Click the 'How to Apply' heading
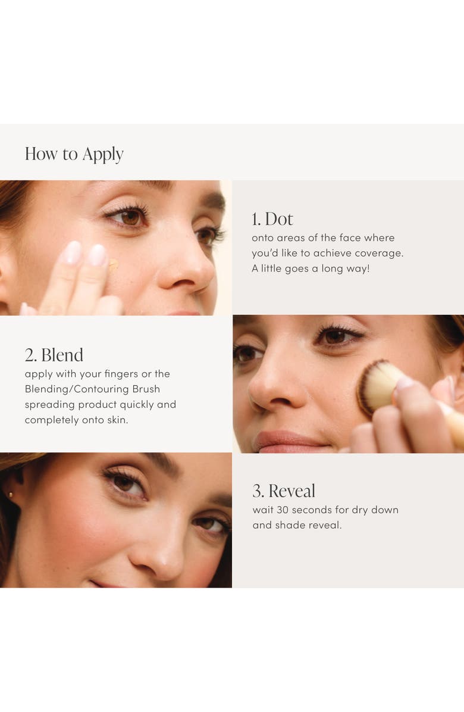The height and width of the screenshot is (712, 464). coord(74,154)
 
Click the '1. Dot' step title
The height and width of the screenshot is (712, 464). coord(272,219)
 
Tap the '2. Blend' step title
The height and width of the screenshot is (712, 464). coord(54,355)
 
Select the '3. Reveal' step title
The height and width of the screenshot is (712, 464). coord(284,491)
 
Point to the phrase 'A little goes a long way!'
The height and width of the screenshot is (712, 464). coord(311,268)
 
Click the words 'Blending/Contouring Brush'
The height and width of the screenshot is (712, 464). coord(92,389)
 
